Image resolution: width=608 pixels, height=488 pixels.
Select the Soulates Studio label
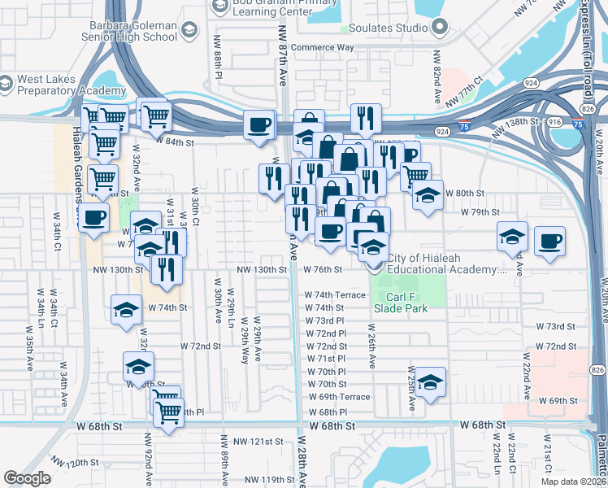click(x=389, y=28)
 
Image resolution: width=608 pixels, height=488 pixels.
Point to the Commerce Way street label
click(x=323, y=47)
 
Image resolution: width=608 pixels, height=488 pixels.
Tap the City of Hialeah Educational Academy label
click(x=447, y=264)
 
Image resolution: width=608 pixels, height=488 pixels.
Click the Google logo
click(x=27, y=478)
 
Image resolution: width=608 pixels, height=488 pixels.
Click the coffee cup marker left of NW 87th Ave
click(x=260, y=125)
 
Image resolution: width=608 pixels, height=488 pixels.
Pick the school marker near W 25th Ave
click(x=431, y=381)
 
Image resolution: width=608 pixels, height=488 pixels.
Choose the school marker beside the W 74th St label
click(x=126, y=311)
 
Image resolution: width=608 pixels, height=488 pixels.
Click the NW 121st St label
click(x=258, y=441)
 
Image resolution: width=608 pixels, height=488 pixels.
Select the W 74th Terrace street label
click(x=336, y=295)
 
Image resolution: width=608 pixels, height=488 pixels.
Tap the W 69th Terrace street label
click(x=339, y=397)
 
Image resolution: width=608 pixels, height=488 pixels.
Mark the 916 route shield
click(x=555, y=121)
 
